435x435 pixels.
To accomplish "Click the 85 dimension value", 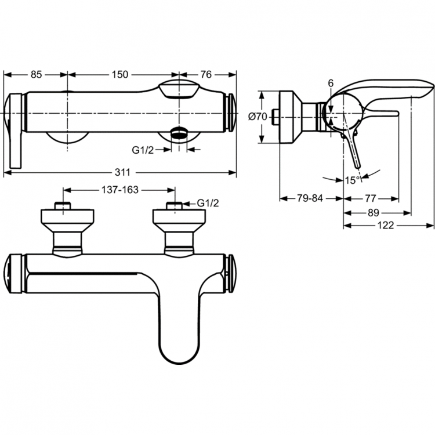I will point(36,74).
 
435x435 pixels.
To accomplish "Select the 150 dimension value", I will point(119,74).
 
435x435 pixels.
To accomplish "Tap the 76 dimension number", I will point(207,74).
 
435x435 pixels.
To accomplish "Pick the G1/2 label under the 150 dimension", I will point(143,150).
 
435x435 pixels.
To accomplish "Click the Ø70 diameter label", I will point(257,117).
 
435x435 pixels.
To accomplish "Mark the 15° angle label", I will point(352,180).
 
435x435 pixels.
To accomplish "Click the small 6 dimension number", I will point(330,84).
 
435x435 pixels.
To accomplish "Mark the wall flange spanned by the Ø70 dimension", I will point(289,116).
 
